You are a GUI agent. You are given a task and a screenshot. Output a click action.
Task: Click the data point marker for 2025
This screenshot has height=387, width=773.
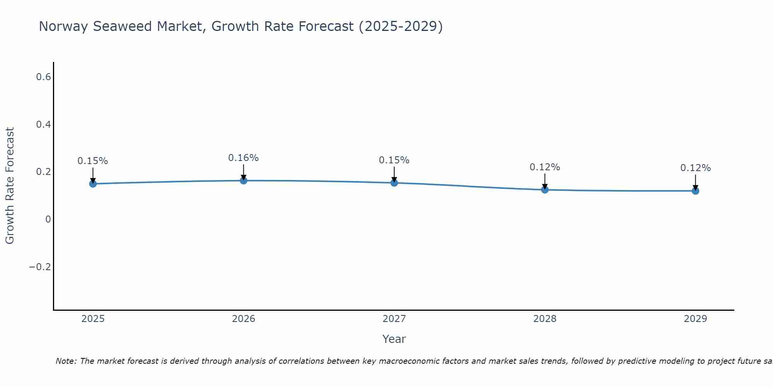pos(93,183)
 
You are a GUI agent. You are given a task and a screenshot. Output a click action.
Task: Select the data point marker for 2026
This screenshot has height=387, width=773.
pos(243,180)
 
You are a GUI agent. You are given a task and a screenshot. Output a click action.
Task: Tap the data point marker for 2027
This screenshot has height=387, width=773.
pos(394,183)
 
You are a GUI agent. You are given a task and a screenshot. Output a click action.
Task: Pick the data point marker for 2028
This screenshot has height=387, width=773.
pos(545,190)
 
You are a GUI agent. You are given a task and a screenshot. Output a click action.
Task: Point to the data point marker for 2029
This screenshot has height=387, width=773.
pos(695,191)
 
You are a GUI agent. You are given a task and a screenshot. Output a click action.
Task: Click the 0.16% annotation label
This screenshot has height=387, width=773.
pos(243,158)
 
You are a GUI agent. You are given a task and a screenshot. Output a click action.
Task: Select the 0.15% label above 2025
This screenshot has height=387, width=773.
pos(93,161)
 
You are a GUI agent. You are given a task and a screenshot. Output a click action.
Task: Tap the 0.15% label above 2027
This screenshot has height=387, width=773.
pos(394,160)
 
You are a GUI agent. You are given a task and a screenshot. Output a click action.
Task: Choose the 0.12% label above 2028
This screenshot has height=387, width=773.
pos(545,167)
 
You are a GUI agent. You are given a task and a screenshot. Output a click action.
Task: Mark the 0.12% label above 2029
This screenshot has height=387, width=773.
pos(695,168)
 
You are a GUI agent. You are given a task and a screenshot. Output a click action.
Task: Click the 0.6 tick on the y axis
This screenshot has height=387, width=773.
pos(43,77)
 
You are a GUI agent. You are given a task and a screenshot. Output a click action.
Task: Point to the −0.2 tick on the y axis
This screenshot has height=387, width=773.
pos(40,267)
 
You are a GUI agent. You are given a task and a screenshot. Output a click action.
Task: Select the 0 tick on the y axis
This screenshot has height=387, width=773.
pos(48,219)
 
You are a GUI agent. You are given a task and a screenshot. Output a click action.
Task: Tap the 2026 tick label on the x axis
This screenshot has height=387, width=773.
pos(243,319)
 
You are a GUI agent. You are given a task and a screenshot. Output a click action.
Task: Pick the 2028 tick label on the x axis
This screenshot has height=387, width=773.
pos(545,319)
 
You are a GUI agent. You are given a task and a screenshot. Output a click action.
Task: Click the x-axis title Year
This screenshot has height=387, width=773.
pos(394,339)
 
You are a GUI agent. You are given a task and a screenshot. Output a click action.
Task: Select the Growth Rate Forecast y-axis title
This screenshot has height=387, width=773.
pos(10,186)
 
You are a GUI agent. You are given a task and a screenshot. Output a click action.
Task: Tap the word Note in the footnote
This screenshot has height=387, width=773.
pos(66,361)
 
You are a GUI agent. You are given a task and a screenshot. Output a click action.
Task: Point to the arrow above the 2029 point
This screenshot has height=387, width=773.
pos(695,182)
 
